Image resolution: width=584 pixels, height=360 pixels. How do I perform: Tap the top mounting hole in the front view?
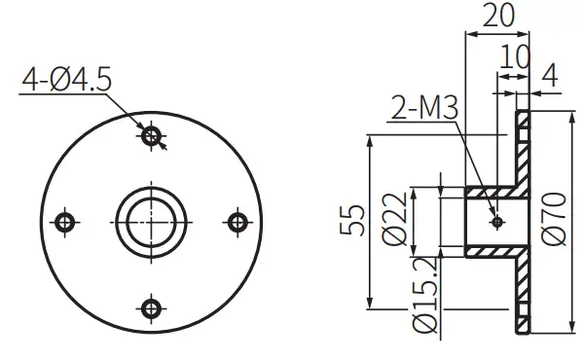click(x=151, y=136)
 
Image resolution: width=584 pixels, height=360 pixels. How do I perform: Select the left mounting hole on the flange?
click(x=65, y=222)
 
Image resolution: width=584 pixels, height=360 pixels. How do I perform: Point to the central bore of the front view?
click(x=151, y=222)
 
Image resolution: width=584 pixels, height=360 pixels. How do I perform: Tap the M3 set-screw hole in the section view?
click(x=497, y=222)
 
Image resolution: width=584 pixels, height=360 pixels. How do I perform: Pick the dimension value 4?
click(x=551, y=73)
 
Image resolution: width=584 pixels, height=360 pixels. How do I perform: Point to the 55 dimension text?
click(x=356, y=222)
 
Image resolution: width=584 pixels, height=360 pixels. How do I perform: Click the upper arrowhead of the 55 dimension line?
click(x=371, y=142)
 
